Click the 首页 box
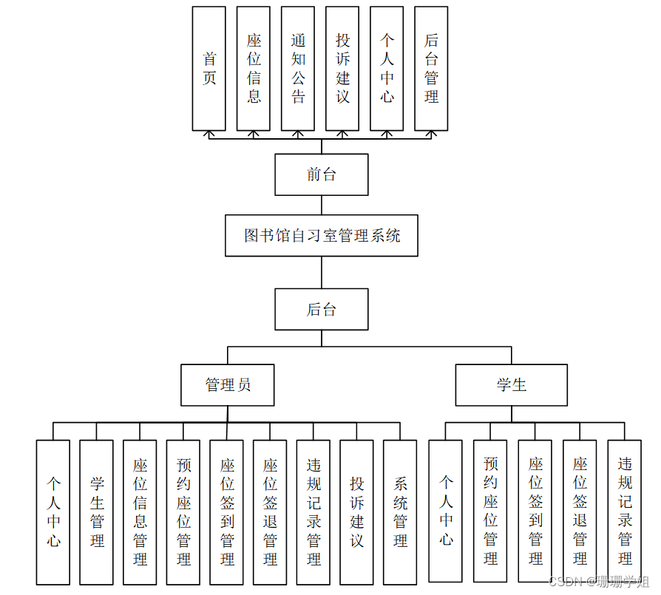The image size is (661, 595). tap(209, 69)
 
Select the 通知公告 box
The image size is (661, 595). tap(298, 69)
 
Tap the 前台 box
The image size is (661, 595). tap(322, 174)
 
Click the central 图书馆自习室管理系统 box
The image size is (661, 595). tap(322, 236)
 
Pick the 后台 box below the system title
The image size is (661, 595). tap(322, 309)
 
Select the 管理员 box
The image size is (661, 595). tap(228, 384)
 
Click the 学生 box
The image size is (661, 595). tap(511, 384)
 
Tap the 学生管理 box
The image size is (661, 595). tap(97, 512)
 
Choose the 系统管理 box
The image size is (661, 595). tap(400, 512)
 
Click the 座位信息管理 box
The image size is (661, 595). tap(140, 512)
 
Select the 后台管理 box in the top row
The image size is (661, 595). tap(431, 69)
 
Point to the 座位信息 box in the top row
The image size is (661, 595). tap(254, 69)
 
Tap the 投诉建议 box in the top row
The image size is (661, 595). tap(342, 69)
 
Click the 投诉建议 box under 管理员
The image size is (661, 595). tap(357, 512)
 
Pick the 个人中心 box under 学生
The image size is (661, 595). tap(446, 510)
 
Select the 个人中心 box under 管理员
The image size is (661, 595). tap(53, 512)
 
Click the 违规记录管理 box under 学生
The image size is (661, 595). tap(625, 510)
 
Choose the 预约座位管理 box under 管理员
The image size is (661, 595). tap(183, 512)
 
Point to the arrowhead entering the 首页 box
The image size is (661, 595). tap(209, 134)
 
